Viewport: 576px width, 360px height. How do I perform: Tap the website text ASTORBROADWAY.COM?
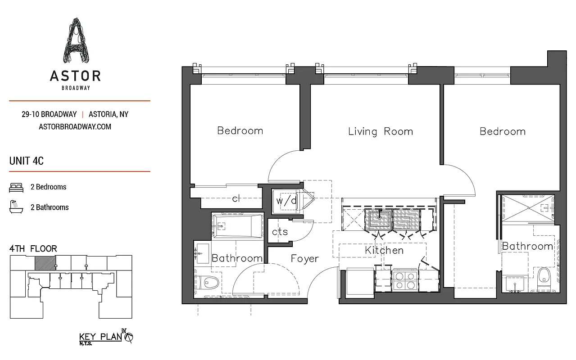click(75, 126)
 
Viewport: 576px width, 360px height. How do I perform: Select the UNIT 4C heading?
click(27, 161)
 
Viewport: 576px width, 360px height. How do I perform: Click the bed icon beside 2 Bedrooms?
click(16, 187)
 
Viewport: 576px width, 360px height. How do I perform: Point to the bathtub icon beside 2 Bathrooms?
click(16, 207)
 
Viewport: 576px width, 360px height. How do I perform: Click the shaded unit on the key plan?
click(45, 263)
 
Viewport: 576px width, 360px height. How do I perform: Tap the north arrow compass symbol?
click(130, 337)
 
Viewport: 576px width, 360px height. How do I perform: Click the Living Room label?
click(380, 131)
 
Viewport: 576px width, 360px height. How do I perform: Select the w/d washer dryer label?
click(286, 201)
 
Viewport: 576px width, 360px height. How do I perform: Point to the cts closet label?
click(280, 232)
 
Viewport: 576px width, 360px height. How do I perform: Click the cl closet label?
click(236, 199)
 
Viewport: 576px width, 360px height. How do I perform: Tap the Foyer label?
click(304, 258)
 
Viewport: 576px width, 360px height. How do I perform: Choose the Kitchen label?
click(384, 250)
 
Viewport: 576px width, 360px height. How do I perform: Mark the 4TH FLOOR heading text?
click(33, 248)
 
